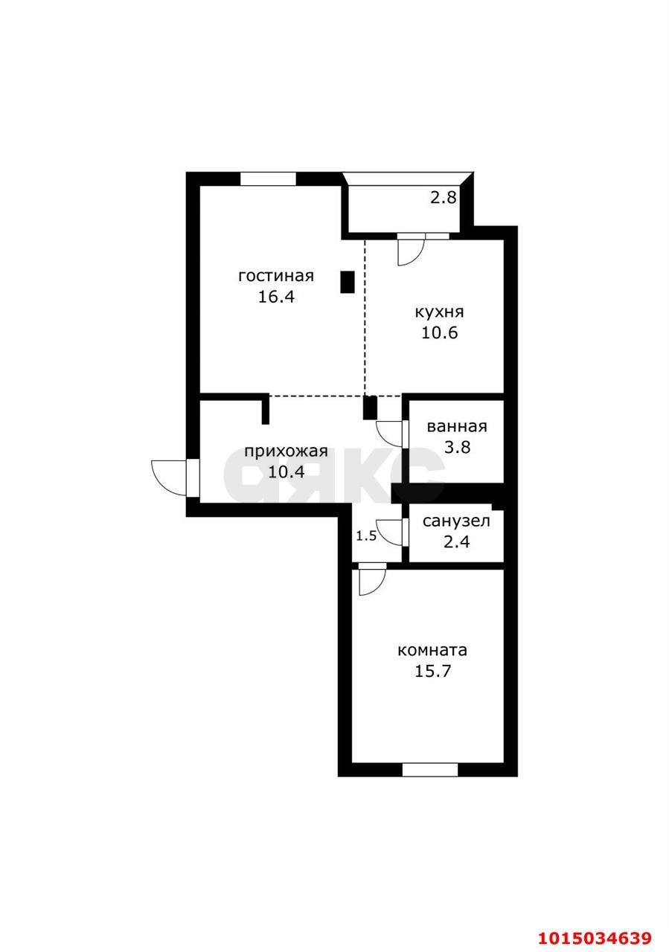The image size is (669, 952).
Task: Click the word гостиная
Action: [275, 276]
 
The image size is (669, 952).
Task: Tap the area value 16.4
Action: [275, 297]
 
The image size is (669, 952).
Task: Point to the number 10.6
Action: [439, 332]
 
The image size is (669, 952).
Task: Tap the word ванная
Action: [456, 427]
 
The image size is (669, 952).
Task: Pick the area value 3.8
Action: [456, 448]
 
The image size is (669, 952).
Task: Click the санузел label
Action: [456, 521]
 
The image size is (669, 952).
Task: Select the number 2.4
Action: [456, 541]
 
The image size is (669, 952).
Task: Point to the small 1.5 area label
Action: [365, 535]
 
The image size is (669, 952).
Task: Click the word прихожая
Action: [287, 451]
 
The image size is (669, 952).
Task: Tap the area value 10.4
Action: [287, 472]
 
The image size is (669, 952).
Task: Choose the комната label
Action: [432, 650]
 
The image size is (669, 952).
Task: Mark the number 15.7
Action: [432, 671]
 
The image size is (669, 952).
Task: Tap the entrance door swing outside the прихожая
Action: [168, 477]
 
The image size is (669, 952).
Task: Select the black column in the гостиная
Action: [347, 282]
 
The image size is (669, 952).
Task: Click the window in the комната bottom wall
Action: [430, 769]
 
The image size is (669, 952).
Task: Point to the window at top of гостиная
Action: [268, 178]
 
